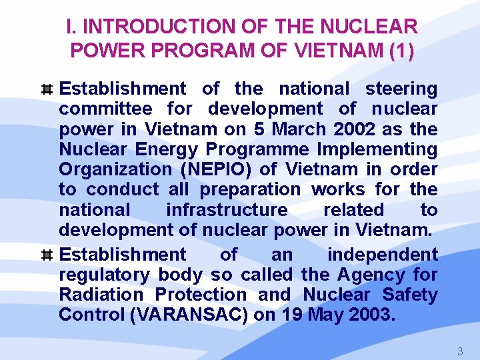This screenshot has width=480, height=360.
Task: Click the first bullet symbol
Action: point(47,89)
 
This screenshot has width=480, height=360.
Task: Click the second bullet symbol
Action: point(47,255)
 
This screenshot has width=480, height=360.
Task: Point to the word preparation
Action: point(250,189)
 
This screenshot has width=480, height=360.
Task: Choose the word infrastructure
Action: point(227,210)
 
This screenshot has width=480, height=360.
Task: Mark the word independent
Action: point(382,255)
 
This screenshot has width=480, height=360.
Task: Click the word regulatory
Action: point(104,275)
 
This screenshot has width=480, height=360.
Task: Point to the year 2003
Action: point(368,315)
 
